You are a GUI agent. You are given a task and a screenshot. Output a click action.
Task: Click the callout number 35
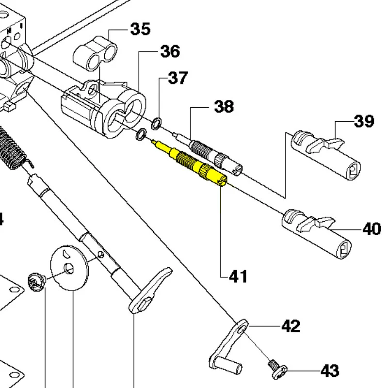pos(140,29)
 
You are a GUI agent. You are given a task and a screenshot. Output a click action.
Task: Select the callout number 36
pos(170,51)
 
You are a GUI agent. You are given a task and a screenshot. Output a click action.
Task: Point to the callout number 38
pos(224,106)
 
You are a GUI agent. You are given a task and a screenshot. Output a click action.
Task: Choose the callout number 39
pos(364,121)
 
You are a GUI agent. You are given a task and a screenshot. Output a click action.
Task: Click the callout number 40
pos(372,228)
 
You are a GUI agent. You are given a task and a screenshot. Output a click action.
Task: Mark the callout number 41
pos(238,276)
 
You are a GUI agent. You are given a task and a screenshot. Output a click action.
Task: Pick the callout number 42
pos(291,326)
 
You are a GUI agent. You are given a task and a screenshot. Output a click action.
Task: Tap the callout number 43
pos(329,371)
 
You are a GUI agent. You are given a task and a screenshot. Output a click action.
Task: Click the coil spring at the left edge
pos(11,148)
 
